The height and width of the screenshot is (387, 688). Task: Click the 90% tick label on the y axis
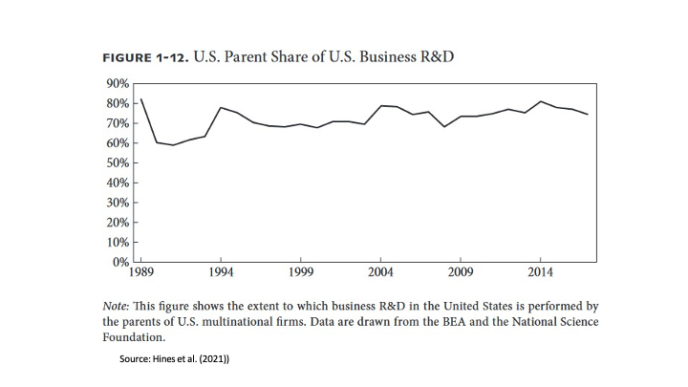coord(117,83)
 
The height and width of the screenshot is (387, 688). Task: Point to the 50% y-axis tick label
coord(117,162)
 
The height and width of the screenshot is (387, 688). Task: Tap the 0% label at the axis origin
coord(119,262)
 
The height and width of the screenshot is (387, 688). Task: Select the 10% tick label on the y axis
coord(117,242)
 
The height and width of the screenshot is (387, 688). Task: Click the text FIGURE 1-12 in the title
coord(143,56)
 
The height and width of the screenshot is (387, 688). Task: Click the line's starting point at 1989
coord(141,98)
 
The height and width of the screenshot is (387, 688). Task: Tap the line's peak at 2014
coord(540,101)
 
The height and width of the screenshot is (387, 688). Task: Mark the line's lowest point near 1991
coord(173,145)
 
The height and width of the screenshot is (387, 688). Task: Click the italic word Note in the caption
coord(117,306)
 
